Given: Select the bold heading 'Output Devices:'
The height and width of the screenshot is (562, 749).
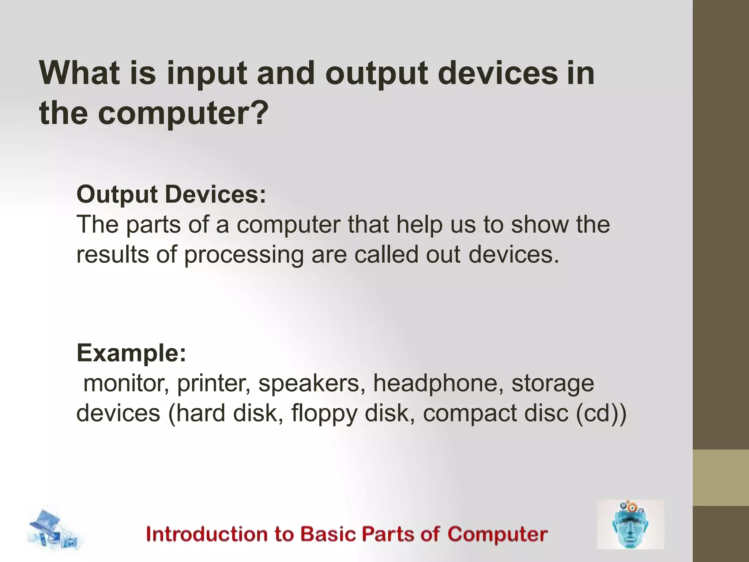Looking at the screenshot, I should pyautogui.click(x=171, y=194).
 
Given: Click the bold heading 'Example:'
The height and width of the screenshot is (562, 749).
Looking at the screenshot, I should pyautogui.click(x=131, y=353).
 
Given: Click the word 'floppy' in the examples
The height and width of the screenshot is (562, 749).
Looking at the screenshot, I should pyautogui.click(x=324, y=413).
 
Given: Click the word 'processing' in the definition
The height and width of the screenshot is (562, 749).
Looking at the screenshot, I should pyautogui.click(x=244, y=255).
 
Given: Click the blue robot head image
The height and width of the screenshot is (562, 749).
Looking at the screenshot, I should pyautogui.click(x=630, y=524).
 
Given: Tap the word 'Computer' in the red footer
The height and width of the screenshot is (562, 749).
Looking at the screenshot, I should pyautogui.click(x=497, y=534).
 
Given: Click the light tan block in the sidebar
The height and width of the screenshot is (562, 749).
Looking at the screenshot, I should pyautogui.click(x=720, y=477).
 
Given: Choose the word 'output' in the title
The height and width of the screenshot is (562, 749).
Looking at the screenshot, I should pyautogui.click(x=376, y=73).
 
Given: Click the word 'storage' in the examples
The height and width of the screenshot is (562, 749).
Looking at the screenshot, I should pyautogui.click(x=552, y=383).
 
